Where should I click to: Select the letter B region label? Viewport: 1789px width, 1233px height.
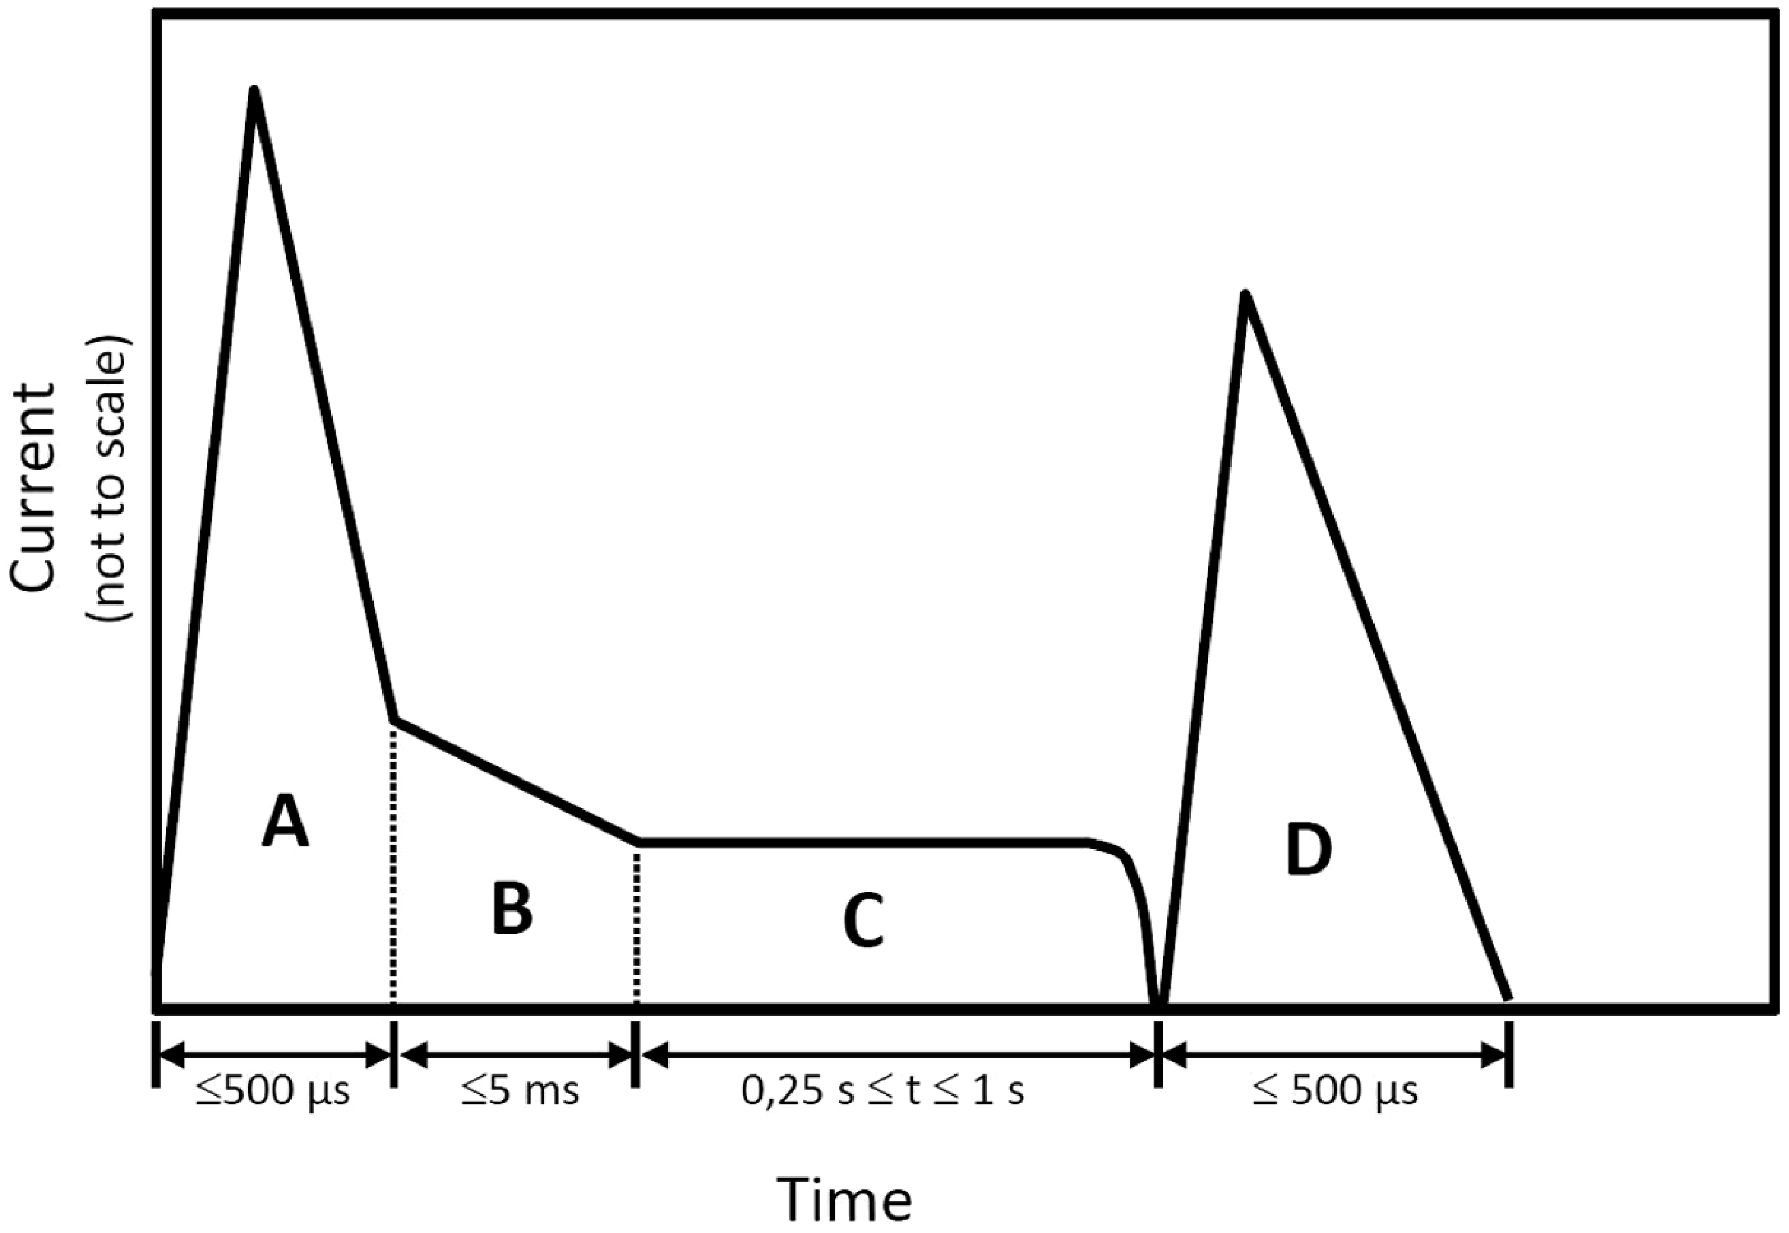pos(512,910)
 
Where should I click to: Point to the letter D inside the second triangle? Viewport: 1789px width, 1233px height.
pos(1308,850)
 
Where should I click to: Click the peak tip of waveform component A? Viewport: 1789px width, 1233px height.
pos(254,91)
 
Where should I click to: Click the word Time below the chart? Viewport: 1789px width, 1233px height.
pos(844,1199)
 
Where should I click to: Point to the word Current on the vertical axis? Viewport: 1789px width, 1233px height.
pos(35,487)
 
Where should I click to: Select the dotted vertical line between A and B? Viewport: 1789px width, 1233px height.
pos(394,865)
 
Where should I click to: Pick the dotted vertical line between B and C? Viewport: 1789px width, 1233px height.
pos(636,923)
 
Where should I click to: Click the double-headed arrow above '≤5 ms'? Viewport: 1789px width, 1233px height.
pos(515,1054)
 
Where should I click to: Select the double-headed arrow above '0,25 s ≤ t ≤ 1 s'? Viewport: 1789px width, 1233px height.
pos(896,1054)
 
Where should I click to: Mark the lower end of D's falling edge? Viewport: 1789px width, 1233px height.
pos(1507,998)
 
